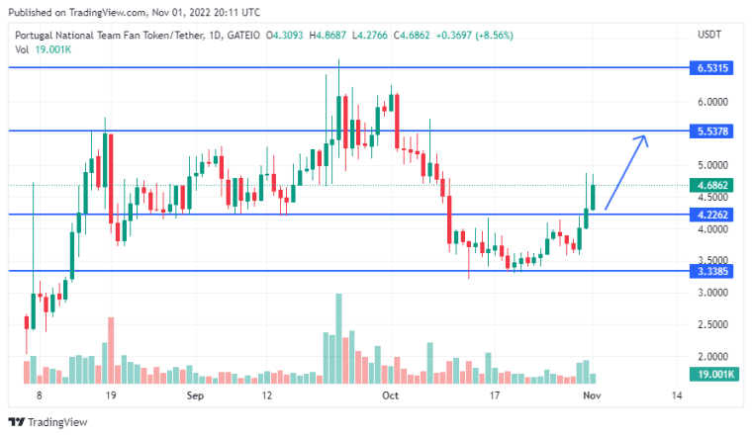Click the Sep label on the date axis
[194, 395]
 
